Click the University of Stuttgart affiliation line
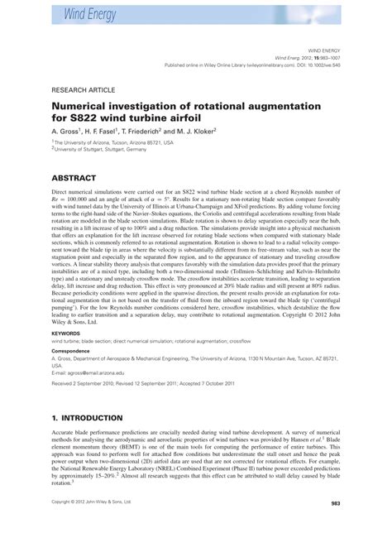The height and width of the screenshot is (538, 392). [105, 150]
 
